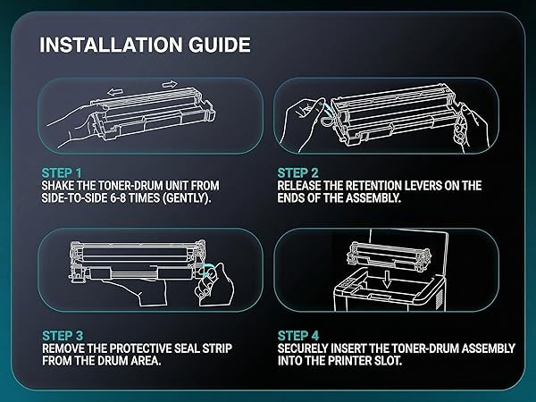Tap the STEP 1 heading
pyautogui.click(x=62, y=173)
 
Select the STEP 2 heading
pyautogui.click(x=297, y=173)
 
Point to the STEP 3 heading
pyautogui.click(x=63, y=336)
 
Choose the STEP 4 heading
pyautogui.click(x=298, y=336)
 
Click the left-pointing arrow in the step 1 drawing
pyautogui.click(x=114, y=92)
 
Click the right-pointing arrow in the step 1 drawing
pyautogui.click(x=170, y=84)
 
